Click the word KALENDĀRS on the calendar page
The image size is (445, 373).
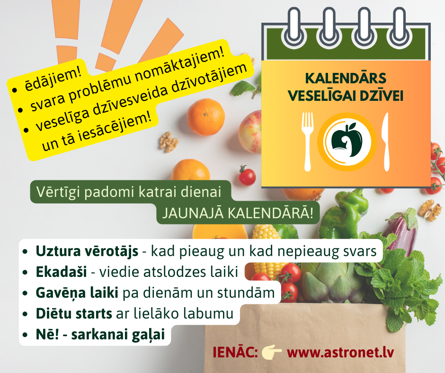point(346,78)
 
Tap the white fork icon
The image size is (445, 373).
point(308,142)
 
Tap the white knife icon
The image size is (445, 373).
point(385,142)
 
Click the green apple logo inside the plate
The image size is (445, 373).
point(347,140)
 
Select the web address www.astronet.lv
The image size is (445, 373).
point(340,352)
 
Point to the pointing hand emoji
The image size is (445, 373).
point(272,352)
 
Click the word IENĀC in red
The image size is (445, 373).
point(235,352)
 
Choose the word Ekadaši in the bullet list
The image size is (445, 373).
point(61,272)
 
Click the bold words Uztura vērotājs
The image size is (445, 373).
point(87,251)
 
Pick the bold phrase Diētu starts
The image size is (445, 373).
point(74,313)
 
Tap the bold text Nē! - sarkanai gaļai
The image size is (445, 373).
point(100,334)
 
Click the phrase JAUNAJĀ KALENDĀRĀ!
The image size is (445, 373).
point(238,213)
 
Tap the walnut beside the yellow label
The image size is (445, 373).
point(168,142)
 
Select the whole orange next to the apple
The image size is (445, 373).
point(206,117)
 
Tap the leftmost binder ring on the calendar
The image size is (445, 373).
point(294,29)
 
